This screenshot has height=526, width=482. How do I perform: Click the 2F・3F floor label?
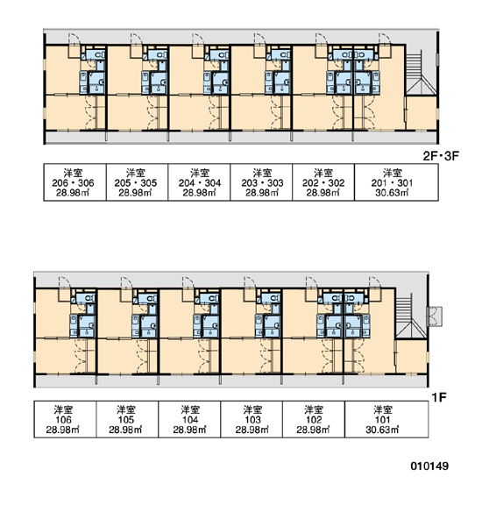coord(441,156)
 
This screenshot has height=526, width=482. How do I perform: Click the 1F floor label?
coord(439,397)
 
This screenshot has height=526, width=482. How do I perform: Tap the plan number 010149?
coord(429,466)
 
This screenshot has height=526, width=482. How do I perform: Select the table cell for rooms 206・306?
coord(74,182)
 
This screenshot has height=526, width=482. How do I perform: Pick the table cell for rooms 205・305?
coord(138,182)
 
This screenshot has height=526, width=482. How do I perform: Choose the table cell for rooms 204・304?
coord(199,182)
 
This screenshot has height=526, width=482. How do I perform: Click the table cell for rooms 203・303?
coord(261,182)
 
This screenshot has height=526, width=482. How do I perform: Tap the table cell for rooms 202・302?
coord(323,182)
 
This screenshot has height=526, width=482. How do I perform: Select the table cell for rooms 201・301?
coord(396,182)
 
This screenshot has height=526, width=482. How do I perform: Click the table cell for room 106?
coord(65,419)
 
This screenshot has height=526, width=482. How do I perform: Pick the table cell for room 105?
coord(127,419)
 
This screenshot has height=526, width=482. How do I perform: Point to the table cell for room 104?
coord(189,419)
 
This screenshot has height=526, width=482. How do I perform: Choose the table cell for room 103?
coord(252,419)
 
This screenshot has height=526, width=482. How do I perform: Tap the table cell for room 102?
coord(314,419)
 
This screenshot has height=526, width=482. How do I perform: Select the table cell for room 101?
coord(386,419)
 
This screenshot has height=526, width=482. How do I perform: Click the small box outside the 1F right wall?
coord(436,316)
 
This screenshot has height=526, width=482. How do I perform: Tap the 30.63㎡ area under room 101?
coord(382,430)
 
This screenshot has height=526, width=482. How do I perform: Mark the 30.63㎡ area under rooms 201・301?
coord(392,193)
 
